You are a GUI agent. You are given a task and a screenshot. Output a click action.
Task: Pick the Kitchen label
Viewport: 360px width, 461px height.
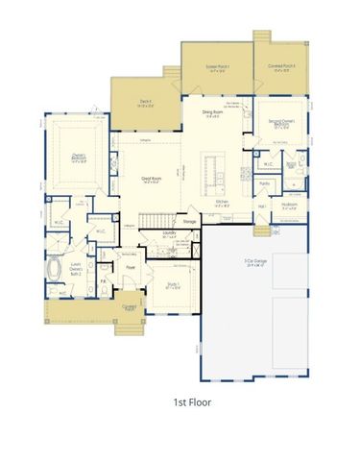[x=220, y=203]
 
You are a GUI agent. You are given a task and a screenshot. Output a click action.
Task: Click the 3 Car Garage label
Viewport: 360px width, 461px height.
[x=254, y=261]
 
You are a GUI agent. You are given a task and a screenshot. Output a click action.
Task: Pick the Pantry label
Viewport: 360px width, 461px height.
[x=265, y=182]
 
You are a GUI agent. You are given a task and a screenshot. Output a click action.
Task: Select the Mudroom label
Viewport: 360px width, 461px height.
[x=289, y=205]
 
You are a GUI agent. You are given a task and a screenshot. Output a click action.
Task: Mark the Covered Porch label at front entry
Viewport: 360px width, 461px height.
[x=128, y=308]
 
